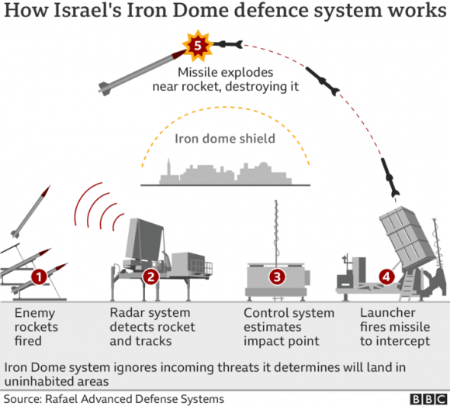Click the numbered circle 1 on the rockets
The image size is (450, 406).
pos(37,275)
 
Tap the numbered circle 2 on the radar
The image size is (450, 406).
pos(151,275)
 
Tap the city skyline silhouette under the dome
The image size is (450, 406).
pos(225,174)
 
